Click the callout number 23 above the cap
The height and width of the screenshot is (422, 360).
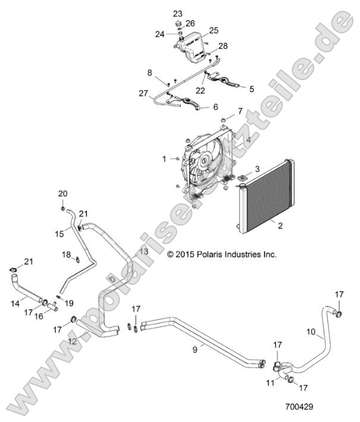[178, 13]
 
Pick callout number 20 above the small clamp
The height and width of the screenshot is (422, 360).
[62, 193]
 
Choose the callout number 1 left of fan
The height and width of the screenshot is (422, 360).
[165, 158]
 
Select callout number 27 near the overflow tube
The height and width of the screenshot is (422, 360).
[143, 93]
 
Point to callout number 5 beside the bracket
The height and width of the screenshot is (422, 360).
[251, 89]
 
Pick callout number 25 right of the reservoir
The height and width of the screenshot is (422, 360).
[213, 30]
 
